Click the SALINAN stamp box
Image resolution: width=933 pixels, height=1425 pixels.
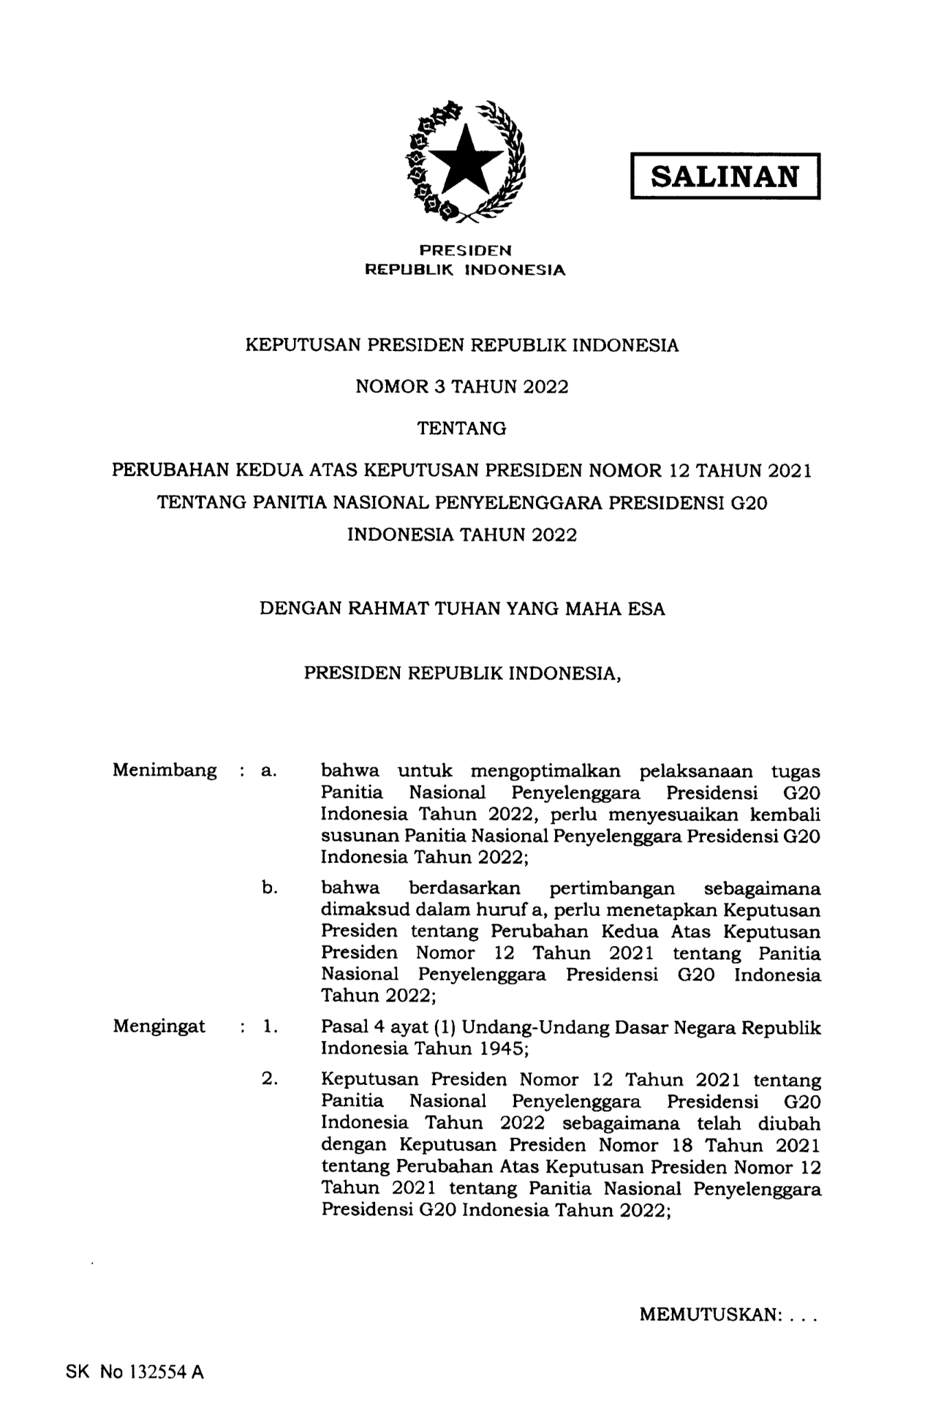725,176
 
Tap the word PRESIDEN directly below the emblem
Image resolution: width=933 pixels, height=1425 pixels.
465,250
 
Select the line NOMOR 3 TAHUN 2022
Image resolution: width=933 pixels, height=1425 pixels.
461,387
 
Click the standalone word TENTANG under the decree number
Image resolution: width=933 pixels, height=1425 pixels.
461,429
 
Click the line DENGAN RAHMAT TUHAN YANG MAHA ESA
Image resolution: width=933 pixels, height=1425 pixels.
462,609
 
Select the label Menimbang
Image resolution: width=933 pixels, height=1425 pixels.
165,771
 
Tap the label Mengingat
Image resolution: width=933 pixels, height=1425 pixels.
159,1027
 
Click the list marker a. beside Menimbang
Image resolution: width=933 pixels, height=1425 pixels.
268,771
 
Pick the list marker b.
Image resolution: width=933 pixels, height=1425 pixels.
270,888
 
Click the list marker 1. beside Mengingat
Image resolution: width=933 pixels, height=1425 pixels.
270,1027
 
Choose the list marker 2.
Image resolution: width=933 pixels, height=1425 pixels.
269,1079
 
